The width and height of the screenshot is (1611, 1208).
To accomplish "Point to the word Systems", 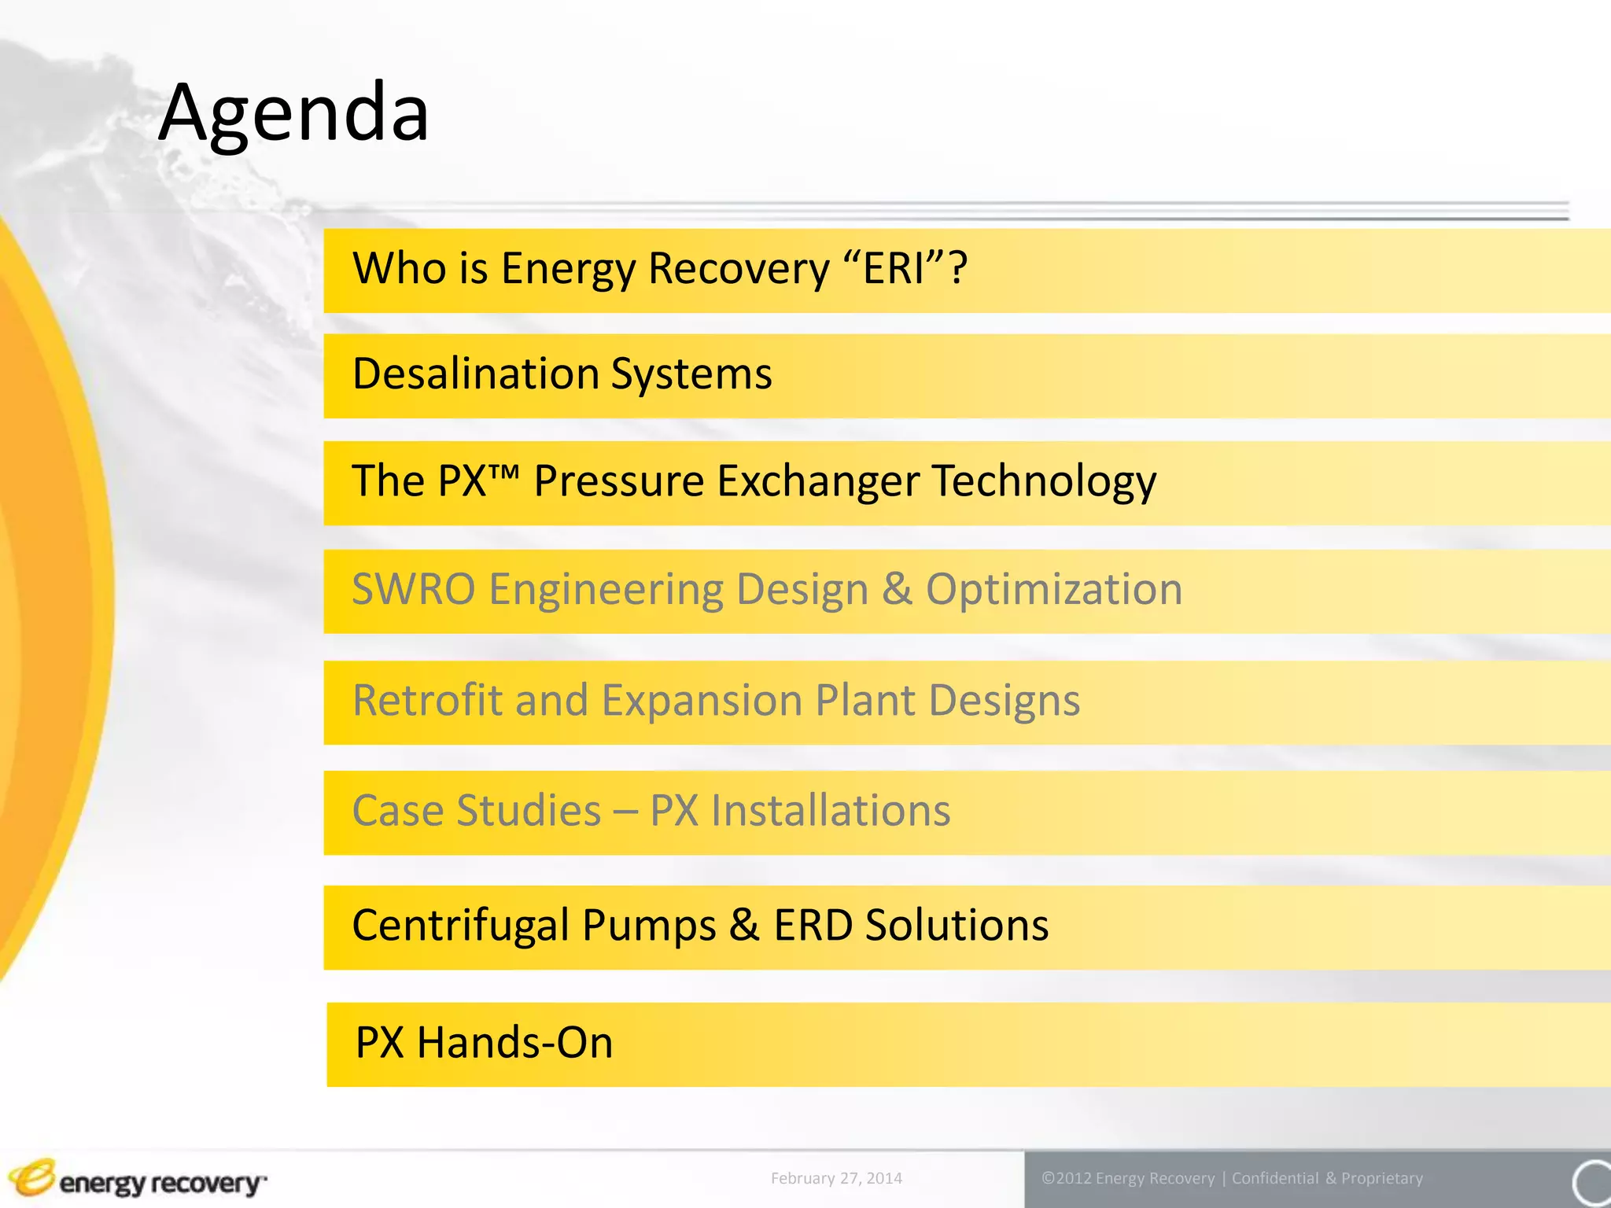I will (x=692, y=374).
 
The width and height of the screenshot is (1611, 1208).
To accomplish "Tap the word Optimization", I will (x=1054, y=589).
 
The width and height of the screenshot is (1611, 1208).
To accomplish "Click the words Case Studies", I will (x=476, y=811).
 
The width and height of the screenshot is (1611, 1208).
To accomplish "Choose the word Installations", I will (x=831, y=811).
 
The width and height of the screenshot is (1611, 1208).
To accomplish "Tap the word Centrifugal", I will (x=460, y=925).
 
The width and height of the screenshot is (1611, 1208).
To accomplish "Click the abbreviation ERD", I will (x=813, y=925).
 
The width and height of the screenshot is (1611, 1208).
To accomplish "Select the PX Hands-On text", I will (x=484, y=1043).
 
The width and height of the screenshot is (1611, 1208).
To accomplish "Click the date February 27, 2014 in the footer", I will (x=836, y=1178).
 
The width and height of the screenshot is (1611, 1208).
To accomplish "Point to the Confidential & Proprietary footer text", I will (x=1327, y=1178).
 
